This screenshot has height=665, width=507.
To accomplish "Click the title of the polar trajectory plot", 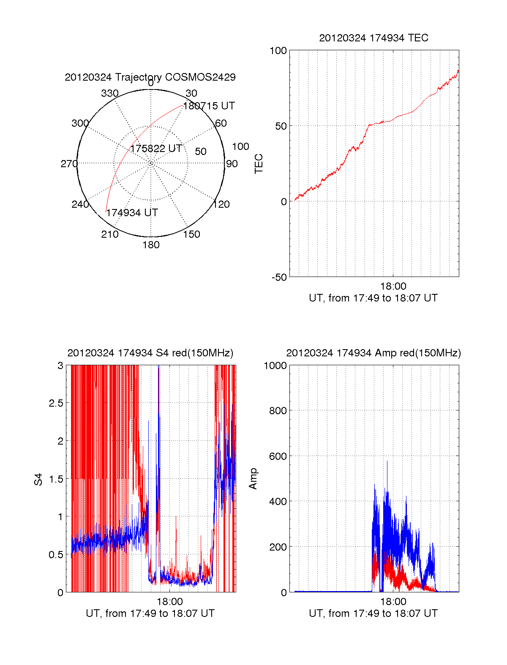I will [x=150, y=77].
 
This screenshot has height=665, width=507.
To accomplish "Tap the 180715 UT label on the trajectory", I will [x=209, y=106].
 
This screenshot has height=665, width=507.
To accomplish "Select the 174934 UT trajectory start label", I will [x=132, y=213].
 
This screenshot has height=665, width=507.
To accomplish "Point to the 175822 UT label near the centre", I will [x=156, y=149].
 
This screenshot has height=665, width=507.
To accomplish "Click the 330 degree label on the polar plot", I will [x=110, y=93].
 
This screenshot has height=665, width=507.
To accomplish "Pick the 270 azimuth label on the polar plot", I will [x=69, y=164].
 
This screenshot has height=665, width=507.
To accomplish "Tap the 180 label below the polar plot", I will [x=151, y=245].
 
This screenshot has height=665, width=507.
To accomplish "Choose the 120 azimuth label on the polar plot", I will [x=221, y=204].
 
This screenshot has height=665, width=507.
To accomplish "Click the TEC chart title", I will [x=373, y=38].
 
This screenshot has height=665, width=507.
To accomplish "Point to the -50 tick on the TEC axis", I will [x=278, y=277].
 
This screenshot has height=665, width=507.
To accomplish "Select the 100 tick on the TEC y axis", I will [x=278, y=51].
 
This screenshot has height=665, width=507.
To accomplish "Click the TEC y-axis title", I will [x=259, y=164].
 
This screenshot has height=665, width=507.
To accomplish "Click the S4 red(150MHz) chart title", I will [x=150, y=353].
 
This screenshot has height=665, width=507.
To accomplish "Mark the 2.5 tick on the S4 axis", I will [x=56, y=403].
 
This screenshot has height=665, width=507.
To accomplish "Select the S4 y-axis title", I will [x=38, y=479].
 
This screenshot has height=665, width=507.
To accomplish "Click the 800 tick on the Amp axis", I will [x=278, y=410].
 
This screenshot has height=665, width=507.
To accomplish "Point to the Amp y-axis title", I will [x=253, y=479].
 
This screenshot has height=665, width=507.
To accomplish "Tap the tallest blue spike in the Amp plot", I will [x=387, y=462].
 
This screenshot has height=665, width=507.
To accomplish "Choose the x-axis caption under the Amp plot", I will [x=373, y=613].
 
